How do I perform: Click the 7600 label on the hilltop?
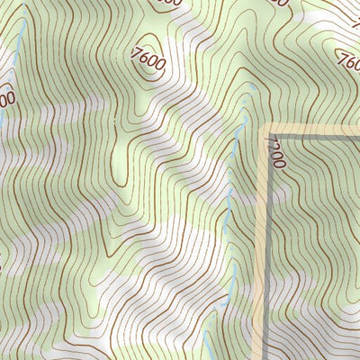148,60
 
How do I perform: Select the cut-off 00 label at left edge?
7,97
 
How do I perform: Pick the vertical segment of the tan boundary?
265,243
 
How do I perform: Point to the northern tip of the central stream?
246,114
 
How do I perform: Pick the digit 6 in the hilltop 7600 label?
143,58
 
